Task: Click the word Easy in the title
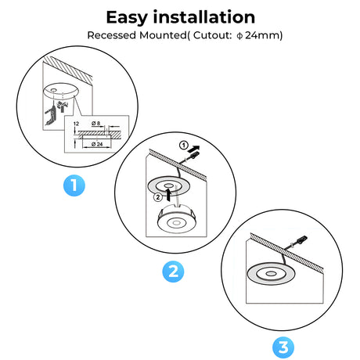127,18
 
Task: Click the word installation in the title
204,17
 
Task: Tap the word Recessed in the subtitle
112,35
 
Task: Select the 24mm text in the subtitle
262,35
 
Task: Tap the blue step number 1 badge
74,185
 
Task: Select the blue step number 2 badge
173,272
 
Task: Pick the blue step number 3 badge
283,347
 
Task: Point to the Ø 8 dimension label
96,123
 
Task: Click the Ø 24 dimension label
97,144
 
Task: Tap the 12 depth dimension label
76,124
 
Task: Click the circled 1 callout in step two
184,146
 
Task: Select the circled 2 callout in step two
157,197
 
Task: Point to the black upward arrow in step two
169,195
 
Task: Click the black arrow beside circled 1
193,149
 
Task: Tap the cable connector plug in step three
302,239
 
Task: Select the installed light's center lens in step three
271,273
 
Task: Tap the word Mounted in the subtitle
163,35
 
